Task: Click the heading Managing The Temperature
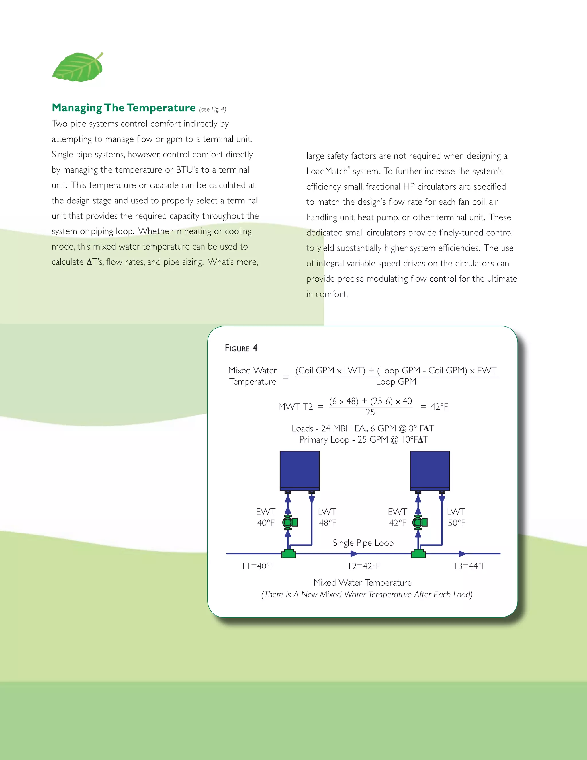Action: pyautogui.click(x=124, y=108)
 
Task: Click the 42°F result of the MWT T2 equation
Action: pyautogui.click(x=439, y=406)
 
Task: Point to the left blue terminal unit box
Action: pyautogui.click(x=300, y=470)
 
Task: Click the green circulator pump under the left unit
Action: pyautogui.click(x=289, y=522)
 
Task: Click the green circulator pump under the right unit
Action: pyautogui.click(x=419, y=522)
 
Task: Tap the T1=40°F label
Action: pyautogui.click(x=257, y=566)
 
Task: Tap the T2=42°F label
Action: pyautogui.click(x=363, y=566)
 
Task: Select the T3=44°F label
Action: pyautogui.click(x=469, y=566)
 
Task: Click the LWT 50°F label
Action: pyautogui.click(x=456, y=517)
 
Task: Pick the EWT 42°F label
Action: pyautogui.click(x=398, y=517)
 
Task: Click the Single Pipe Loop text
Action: pyautogui.click(x=363, y=543)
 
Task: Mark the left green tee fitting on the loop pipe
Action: pyautogui.click(x=289, y=553)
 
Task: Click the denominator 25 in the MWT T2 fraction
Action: pyautogui.click(x=370, y=412)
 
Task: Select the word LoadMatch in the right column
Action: pyautogui.click(x=327, y=171)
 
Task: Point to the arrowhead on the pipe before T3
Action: pyautogui.click(x=462, y=553)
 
